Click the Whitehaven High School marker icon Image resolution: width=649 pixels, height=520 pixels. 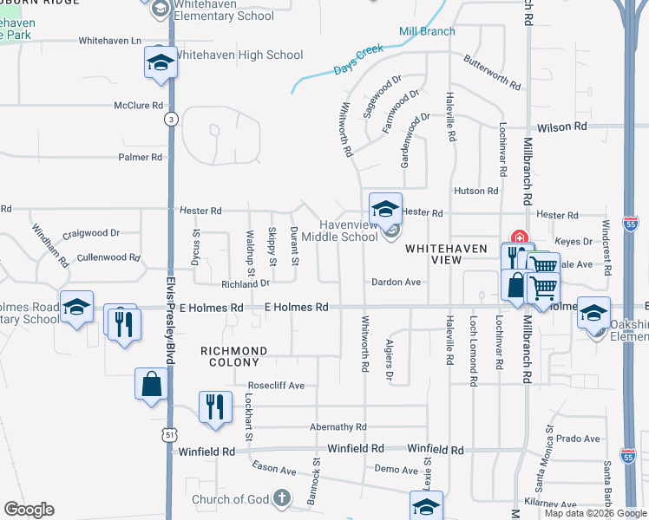pyautogui.click(x=158, y=62)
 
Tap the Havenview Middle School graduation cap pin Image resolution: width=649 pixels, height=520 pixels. pyautogui.click(x=385, y=209)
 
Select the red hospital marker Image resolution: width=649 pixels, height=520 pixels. pyautogui.click(x=521, y=237)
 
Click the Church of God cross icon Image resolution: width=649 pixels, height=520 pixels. pyautogui.click(x=281, y=497)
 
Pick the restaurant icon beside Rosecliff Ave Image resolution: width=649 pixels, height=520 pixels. pyautogui.click(x=214, y=406)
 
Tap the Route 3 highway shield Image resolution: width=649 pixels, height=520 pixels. pyautogui.click(x=172, y=120)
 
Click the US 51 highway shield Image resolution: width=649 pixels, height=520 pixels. pyautogui.click(x=169, y=434)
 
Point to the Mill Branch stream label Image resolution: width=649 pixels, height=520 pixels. pyautogui.click(x=427, y=32)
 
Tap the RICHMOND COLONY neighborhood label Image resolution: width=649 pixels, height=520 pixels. pyautogui.click(x=233, y=351)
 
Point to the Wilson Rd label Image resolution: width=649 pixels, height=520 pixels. pyautogui.click(x=561, y=127)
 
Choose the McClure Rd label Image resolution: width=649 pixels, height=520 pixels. pyautogui.click(x=139, y=106)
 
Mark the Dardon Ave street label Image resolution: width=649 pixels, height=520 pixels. pyautogui.click(x=396, y=282)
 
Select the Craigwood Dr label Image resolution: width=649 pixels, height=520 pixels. pyautogui.click(x=91, y=233)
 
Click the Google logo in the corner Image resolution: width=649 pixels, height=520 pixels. pyautogui.click(x=29, y=510)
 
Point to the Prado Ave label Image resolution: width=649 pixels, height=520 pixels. pyautogui.click(x=578, y=439)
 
